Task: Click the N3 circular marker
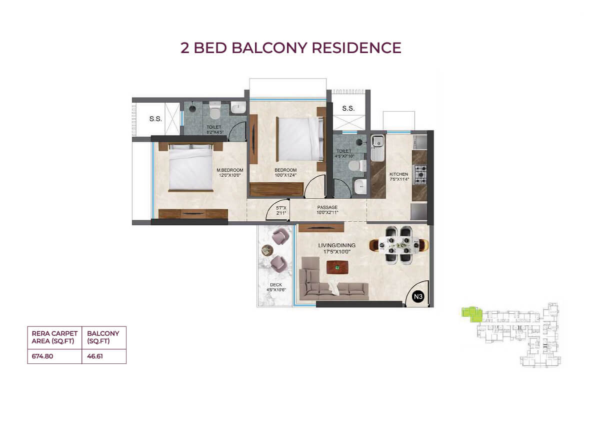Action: tap(418, 296)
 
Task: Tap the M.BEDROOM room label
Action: tap(230, 170)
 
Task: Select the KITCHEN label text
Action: tap(398, 174)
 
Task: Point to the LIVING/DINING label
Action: tap(337, 245)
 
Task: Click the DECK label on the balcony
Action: tap(276, 285)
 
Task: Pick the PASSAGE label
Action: tap(327, 207)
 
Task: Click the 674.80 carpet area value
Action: tap(42, 356)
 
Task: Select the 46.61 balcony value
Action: tap(95, 356)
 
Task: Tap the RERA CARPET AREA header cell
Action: tap(54, 337)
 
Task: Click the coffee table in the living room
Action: tap(337, 267)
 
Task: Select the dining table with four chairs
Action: tap(398, 245)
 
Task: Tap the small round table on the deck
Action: tap(267, 250)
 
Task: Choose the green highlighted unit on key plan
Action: tap(471, 313)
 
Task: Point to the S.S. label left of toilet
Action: tap(155, 119)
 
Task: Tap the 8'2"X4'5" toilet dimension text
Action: tap(215, 132)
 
